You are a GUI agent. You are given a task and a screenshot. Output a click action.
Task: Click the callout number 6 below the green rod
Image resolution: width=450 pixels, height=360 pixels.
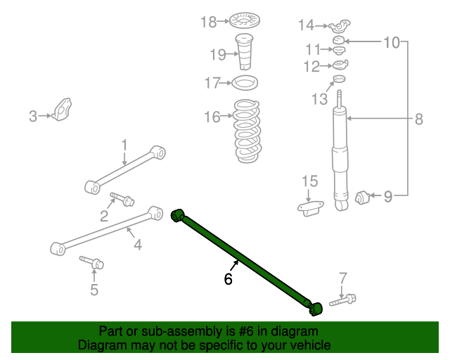click(x=228, y=279)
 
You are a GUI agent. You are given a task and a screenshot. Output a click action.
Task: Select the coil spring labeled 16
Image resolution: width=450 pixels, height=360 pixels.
click(x=244, y=132)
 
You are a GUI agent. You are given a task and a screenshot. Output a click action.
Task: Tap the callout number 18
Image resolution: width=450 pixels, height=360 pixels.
click(x=208, y=22)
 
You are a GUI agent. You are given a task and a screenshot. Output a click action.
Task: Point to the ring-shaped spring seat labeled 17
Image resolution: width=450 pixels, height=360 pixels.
click(x=244, y=84)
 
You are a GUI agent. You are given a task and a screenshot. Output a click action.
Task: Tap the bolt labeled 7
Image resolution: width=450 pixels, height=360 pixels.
click(x=342, y=302)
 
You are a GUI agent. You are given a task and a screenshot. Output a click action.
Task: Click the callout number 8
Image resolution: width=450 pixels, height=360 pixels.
click(x=418, y=120)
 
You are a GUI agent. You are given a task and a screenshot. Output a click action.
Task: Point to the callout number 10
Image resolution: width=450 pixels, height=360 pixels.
click(x=391, y=43)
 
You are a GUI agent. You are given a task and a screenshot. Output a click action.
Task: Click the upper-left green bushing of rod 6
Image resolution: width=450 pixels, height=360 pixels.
click(x=178, y=214)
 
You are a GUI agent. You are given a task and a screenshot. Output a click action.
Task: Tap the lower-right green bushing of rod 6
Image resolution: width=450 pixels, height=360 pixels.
click(x=315, y=308)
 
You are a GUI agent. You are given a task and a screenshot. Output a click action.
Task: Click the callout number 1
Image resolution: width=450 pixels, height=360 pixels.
click(x=124, y=146)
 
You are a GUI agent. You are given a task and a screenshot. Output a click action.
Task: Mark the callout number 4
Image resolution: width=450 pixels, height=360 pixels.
click(x=138, y=245)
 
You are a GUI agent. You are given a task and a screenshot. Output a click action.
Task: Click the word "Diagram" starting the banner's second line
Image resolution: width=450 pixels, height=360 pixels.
click(x=100, y=345)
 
